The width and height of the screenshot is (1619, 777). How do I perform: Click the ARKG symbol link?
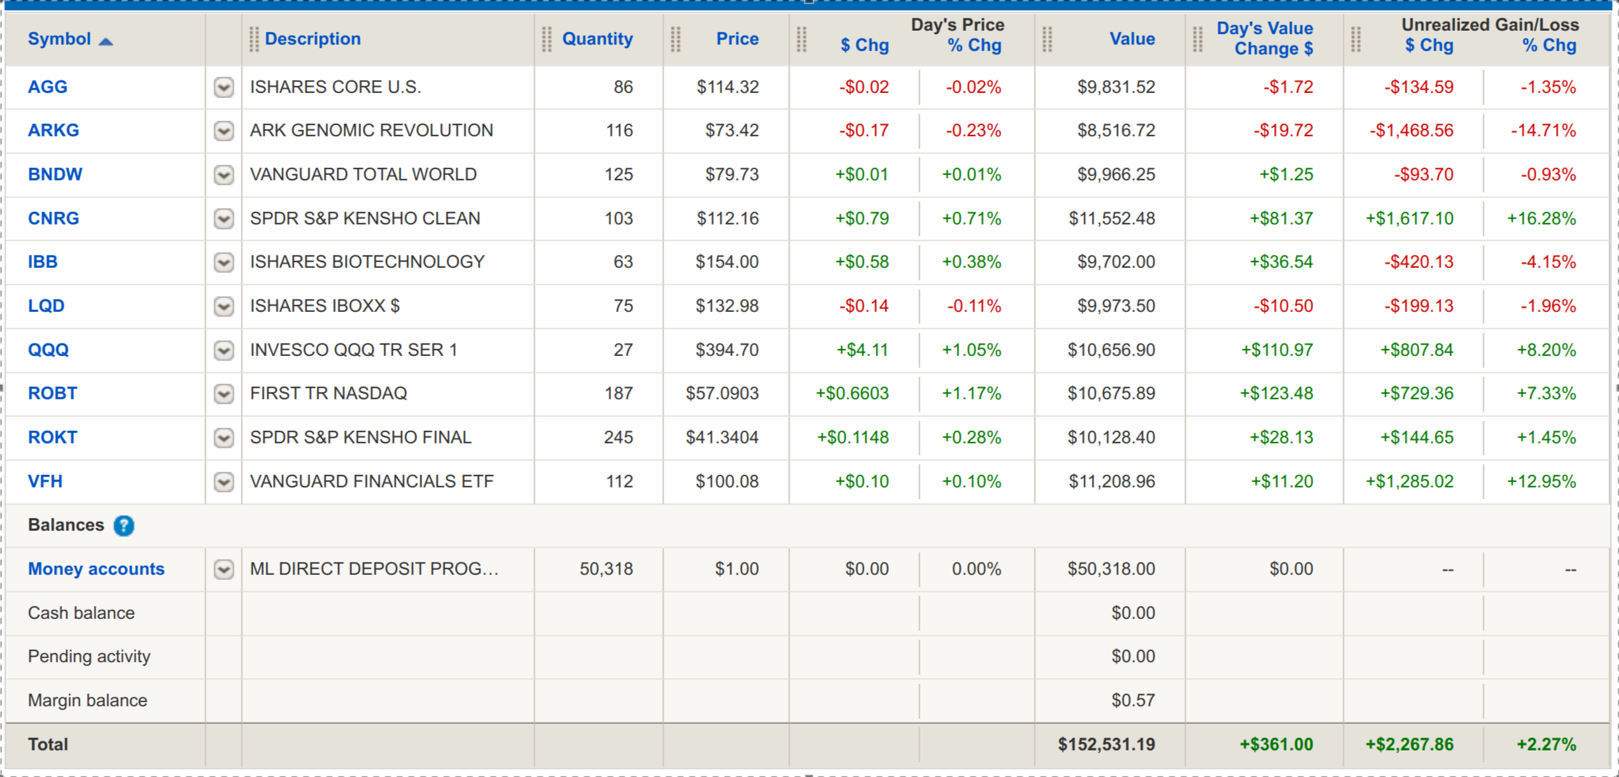[53, 131]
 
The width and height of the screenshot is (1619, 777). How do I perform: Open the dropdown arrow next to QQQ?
[224, 350]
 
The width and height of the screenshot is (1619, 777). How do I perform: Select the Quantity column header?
[597, 39]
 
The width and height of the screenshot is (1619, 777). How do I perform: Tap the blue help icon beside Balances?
[124, 526]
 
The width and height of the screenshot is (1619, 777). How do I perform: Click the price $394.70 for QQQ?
[727, 350]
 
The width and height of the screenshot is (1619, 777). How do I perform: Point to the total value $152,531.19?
[1106, 745]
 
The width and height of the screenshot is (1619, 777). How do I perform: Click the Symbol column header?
[59, 39]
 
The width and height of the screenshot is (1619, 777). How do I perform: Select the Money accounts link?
[96, 569]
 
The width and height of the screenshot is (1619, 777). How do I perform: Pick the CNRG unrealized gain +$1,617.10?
[1409, 219]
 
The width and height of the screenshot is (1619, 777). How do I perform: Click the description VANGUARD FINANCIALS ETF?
[372, 482]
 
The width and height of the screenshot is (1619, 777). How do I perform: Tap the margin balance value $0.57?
[1133, 701]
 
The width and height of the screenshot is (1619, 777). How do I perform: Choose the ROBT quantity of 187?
[619, 394]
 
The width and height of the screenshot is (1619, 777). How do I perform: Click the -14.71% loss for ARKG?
[1543, 131]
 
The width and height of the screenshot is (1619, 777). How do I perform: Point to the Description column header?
[312, 39]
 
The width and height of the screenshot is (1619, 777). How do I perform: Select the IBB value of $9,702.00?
[1116, 262]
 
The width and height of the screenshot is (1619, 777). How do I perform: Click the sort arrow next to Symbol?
[106, 42]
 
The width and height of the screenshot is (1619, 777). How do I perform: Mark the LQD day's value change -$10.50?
[1282, 306]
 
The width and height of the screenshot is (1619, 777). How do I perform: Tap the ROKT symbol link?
[52, 438]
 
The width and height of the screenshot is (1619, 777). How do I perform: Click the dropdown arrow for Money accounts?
[224, 570]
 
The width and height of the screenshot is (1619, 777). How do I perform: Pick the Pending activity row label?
[89, 657]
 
